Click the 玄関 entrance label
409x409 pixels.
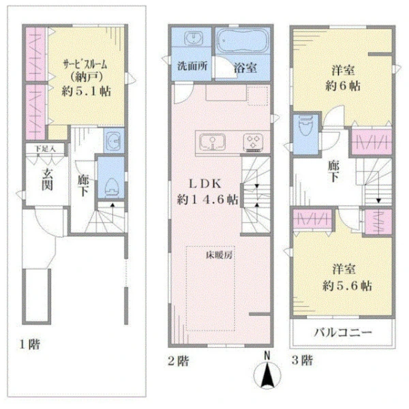click(x=47, y=179)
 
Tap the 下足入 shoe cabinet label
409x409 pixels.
click(x=45, y=149)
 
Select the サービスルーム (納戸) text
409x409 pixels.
click(x=85, y=71)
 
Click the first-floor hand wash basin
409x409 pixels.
click(x=114, y=140)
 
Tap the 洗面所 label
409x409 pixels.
click(x=192, y=66)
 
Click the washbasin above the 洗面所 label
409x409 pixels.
click(x=192, y=38)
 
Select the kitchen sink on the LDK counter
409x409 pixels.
click(x=212, y=142)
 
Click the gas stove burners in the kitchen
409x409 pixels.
click(x=253, y=142)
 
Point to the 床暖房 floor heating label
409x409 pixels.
click(x=219, y=255)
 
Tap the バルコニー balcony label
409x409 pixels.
click(x=343, y=333)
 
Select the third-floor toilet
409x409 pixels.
click(x=306, y=126)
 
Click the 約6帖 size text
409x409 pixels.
click(x=343, y=86)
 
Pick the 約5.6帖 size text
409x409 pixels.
click(x=347, y=286)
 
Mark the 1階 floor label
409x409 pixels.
click(x=30, y=344)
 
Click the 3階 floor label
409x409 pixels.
click(x=302, y=360)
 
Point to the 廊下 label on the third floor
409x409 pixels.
click(x=333, y=171)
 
